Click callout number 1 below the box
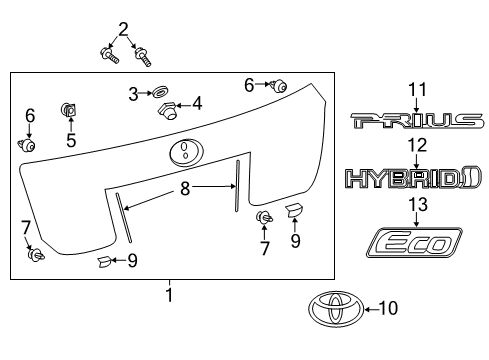pyautogui.click(x=169, y=295)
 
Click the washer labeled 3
pyautogui.click(x=158, y=93)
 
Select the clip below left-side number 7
pyautogui.click(x=36, y=255)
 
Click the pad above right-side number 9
pyautogui.click(x=293, y=210)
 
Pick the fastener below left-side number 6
pyautogui.click(x=28, y=146)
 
